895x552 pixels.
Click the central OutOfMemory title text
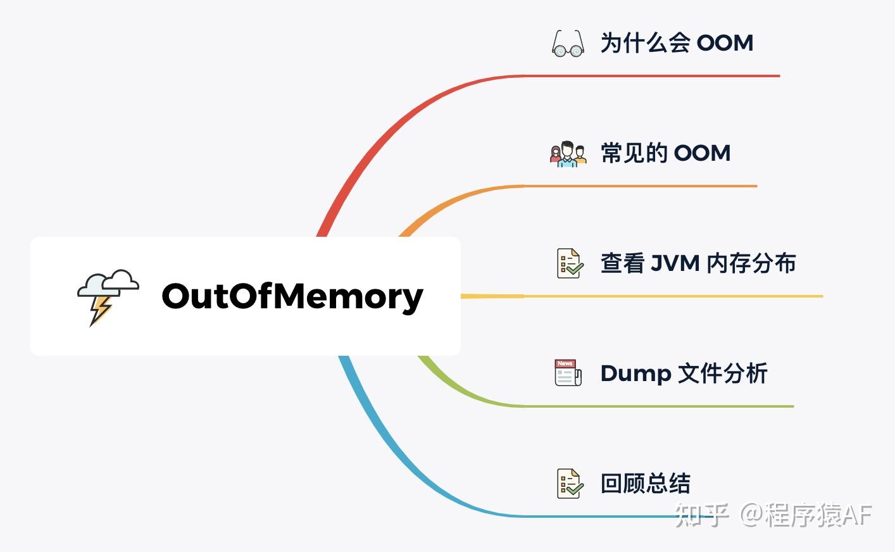[x=292, y=296]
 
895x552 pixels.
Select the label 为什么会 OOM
[x=677, y=43]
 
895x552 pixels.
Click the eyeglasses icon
[x=568, y=44]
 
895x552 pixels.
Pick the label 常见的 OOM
[x=665, y=153]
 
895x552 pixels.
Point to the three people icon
[x=568, y=154]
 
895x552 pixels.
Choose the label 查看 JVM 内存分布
[x=698, y=263]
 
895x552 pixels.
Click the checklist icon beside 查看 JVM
[x=570, y=263]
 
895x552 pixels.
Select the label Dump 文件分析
[x=684, y=373]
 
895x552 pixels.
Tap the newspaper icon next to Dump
[x=568, y=373]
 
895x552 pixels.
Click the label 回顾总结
[x=645, y=484]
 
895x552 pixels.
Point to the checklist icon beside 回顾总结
[x=570, y=484]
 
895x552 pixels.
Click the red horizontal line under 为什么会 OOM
[x=652, y=76]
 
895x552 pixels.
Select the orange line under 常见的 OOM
[x=639, y=186]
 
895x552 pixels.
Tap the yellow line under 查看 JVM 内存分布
[x=671, y=296]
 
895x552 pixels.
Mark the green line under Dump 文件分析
[x=658, y=406]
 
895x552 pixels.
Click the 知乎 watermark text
[x=701, y=515]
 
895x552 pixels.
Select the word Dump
[x=635, y=373]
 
